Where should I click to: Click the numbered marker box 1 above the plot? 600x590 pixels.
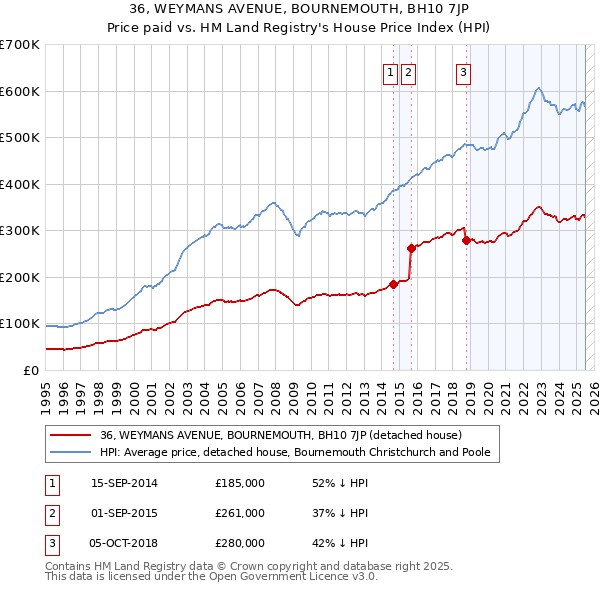point(388,71)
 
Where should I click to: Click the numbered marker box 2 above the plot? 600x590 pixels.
point(410,71)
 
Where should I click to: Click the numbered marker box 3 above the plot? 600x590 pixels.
point(464,71)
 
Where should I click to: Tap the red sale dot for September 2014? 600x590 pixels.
point(393,284)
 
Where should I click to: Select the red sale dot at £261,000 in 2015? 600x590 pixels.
point(411,248)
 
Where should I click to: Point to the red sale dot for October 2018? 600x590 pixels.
point(466,240)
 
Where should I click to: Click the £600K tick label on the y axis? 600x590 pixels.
point(20,91)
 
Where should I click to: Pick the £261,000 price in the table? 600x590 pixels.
point(240,513)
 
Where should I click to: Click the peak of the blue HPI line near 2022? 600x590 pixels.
point(538,88)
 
